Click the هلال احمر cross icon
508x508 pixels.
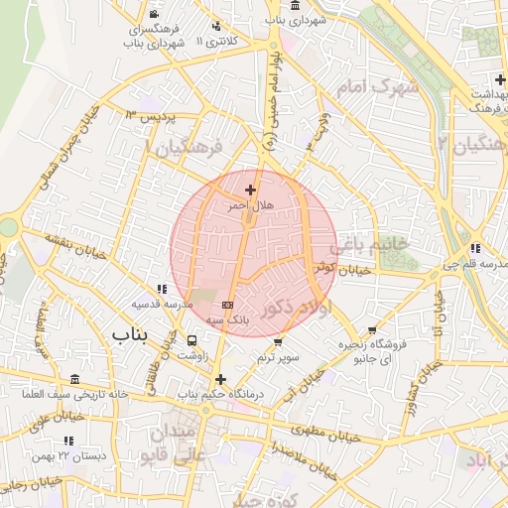[249, 190]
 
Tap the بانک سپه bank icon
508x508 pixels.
[228, 305]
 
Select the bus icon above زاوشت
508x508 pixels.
[192, 341]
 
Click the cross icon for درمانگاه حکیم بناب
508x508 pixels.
[219, 379]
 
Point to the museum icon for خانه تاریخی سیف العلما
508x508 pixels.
[76, 379]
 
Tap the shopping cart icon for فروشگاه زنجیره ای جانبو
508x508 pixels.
[372, 330]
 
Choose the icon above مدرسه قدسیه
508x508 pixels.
[162, 288]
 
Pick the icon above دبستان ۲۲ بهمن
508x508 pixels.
[68, 440]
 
